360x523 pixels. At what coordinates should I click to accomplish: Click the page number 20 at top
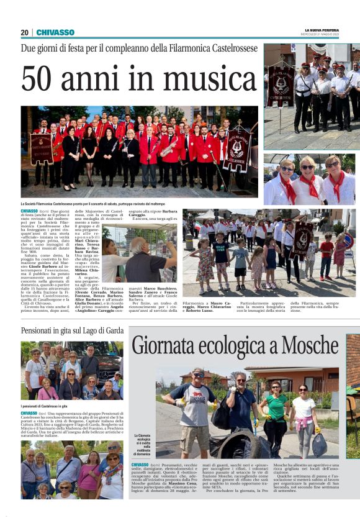[24, 32]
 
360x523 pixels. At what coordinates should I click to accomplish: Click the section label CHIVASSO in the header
[55, 32]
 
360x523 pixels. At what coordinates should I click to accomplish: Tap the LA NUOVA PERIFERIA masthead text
[321, 30]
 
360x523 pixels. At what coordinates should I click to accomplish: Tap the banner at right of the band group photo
[237, 149]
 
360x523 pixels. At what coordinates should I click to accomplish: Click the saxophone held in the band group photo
[168, 147]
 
